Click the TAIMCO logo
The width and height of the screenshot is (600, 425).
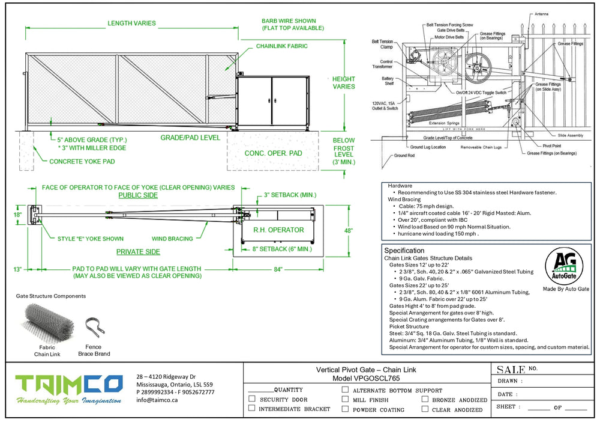pos(69,385)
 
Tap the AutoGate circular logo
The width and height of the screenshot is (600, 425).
pos(565,268)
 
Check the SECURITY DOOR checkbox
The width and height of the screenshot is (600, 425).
pos(252,399)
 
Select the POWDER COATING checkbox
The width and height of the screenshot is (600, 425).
pos(345,409)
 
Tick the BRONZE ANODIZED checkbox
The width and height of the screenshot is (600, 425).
pos(425,399)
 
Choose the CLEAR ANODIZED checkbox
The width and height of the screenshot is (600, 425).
pos(425,409)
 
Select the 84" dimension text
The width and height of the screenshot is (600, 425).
pos(278,269)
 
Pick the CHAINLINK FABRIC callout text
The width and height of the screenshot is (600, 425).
pos(281,46)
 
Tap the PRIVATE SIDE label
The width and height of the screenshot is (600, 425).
pos(138,252)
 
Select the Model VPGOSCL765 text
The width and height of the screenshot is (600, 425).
pos(366,379)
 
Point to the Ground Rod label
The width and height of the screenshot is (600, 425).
pos(404,156)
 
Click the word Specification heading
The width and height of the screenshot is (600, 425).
pos(404,250)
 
